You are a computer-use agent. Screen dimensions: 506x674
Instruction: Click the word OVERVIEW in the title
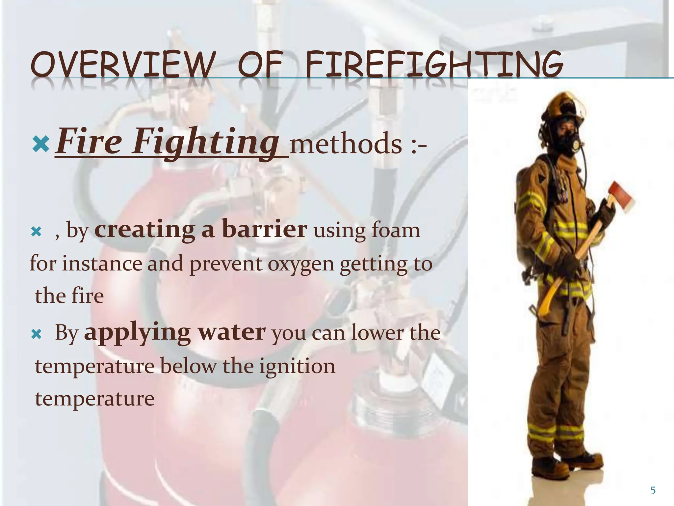[121, 65]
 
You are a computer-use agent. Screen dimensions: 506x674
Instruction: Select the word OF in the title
[260, 65]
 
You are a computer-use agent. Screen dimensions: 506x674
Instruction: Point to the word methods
[346, 144]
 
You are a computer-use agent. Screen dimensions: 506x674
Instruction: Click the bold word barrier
[265, 229]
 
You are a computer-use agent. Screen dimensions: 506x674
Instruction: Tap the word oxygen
[301, 264]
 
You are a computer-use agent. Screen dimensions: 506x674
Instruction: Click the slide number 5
[653, 491]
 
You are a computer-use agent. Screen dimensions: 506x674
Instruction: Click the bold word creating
[144, 229]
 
